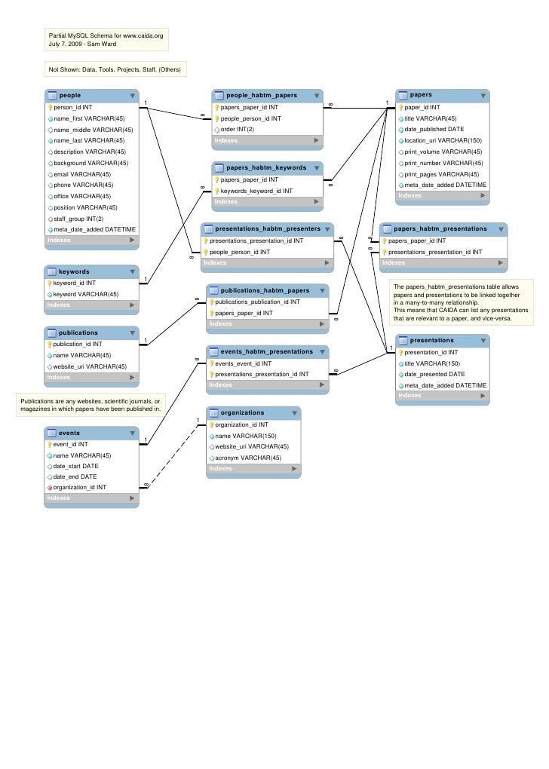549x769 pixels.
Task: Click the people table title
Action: pos(70,96)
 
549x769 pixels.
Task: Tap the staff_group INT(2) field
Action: pos(78,219)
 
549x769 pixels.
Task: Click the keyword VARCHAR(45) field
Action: pos(86,294)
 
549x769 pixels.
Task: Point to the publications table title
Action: pos(78,332)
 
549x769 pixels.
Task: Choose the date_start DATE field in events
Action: pos(75,466)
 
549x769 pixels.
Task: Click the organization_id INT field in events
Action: pos(79,487)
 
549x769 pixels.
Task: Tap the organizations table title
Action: pos(242,413)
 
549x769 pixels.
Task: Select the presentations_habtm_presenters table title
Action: pos(268,228)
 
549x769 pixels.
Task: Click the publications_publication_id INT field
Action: pos(257,302)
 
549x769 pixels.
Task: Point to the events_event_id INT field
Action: pos(243,363)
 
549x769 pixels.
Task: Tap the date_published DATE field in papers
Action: pos(434,129)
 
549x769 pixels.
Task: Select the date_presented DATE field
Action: pos(434,374)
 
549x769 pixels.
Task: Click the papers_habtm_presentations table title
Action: pos(440,228)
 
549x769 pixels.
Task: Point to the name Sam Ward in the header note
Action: pos(101,44)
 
